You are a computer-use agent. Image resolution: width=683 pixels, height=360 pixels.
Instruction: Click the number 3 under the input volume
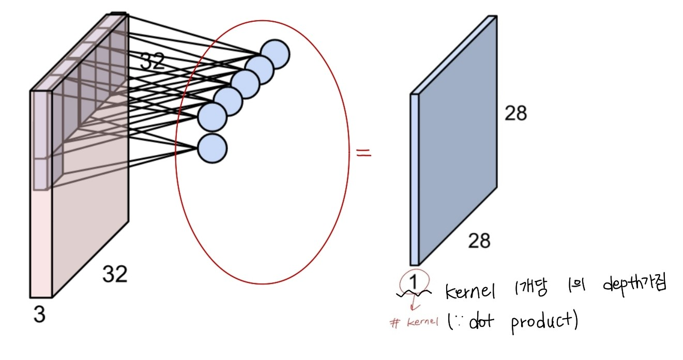point(39,314)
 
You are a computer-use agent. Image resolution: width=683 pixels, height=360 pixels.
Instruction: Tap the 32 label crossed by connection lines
point(153,62)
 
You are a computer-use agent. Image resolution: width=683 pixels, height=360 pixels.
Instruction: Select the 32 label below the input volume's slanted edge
point(114,274)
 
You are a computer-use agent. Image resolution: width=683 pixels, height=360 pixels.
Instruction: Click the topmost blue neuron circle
point(275,54)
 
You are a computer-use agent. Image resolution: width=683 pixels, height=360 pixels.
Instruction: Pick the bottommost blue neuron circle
point(213,148)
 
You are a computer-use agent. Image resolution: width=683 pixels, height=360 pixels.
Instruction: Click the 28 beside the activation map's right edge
point(515,113)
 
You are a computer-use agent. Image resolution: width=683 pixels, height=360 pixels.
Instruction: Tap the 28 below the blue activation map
point(479,241)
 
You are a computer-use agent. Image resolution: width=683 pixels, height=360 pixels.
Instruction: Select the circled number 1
point(413,281)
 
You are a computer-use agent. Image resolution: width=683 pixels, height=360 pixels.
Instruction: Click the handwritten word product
point(543,323)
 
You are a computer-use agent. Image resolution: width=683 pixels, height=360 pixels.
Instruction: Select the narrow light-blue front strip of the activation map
point(414,179)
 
